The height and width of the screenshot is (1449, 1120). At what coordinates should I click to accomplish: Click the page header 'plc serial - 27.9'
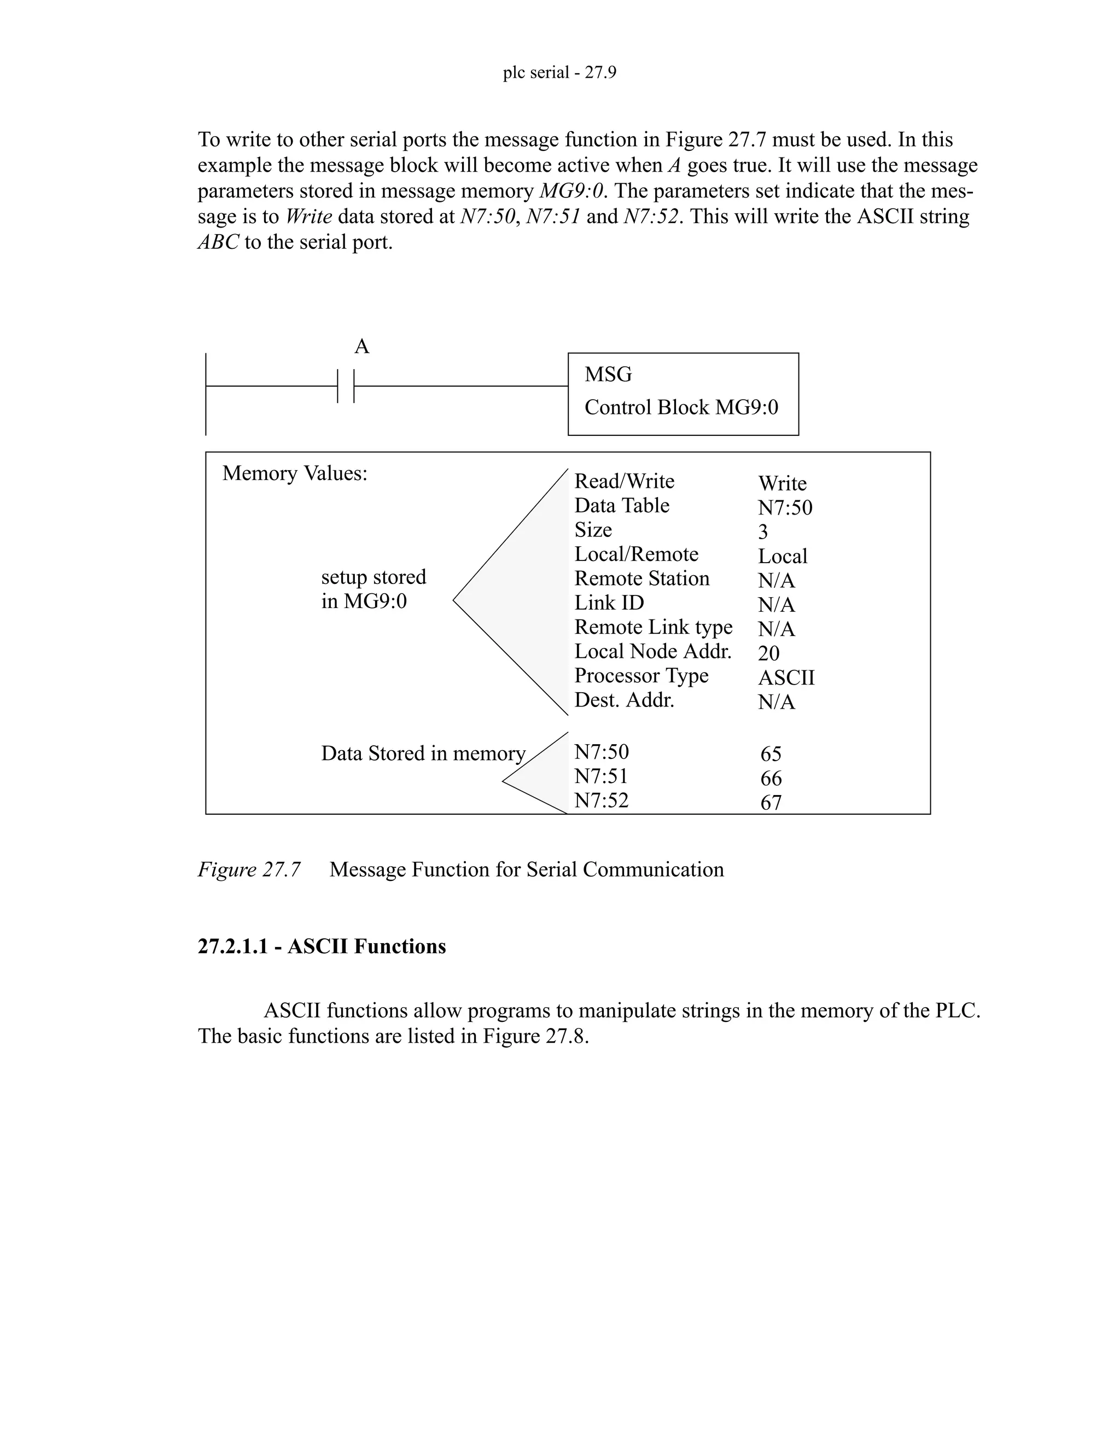[559, 72]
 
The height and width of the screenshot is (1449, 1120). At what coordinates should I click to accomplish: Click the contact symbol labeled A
[346, 386]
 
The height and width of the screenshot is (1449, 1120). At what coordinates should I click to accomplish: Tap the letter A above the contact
[361, 346]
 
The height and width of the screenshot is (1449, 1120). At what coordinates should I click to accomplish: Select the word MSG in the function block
[608, 375]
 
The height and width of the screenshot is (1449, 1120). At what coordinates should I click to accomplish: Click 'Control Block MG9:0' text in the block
[681, 407]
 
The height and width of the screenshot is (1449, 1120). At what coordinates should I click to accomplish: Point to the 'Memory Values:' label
[295, 474]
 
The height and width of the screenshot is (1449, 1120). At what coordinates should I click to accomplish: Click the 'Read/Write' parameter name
[623, 482]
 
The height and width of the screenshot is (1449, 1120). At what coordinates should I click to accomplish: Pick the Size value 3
[763, 532]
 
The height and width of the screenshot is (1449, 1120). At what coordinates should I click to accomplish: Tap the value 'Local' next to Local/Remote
[782, 557]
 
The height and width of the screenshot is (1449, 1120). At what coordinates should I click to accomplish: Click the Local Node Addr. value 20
[768, 653]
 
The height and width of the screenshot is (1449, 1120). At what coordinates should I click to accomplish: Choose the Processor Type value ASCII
[786, 678]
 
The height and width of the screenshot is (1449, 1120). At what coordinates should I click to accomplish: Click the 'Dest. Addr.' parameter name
[623, 700]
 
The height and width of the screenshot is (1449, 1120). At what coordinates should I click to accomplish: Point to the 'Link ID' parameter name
[609, 603]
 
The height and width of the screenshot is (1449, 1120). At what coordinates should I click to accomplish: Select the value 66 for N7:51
[771, 779]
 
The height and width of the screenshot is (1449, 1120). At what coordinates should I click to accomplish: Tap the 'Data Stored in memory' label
[423, 753]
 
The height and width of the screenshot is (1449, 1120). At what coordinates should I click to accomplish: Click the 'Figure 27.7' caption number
[249, 870]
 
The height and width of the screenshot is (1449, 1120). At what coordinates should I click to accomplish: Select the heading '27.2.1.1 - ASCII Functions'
[322, 946]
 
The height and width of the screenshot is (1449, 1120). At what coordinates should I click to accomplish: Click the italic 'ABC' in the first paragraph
[218, 242]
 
